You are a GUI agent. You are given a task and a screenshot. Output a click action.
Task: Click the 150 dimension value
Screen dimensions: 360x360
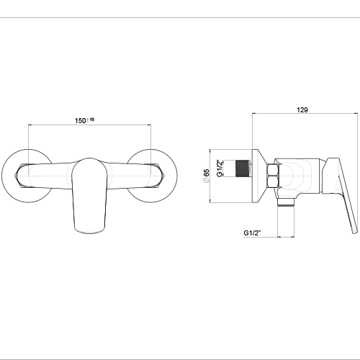point(80,120)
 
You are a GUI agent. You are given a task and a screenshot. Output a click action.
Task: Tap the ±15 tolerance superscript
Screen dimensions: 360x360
point(90,120)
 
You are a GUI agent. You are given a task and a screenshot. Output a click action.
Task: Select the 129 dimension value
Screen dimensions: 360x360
point(302,109)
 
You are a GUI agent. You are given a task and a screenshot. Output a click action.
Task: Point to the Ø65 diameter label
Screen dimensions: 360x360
point(206,176)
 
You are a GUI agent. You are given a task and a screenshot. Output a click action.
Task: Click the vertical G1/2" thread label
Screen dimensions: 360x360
point(220,168)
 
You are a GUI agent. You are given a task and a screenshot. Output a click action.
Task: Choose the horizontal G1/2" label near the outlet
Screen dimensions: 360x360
point(252,233)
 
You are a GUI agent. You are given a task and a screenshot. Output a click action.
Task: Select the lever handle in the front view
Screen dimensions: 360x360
point(89,195)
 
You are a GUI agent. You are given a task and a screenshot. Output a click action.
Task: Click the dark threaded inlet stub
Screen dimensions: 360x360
point(243,168)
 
